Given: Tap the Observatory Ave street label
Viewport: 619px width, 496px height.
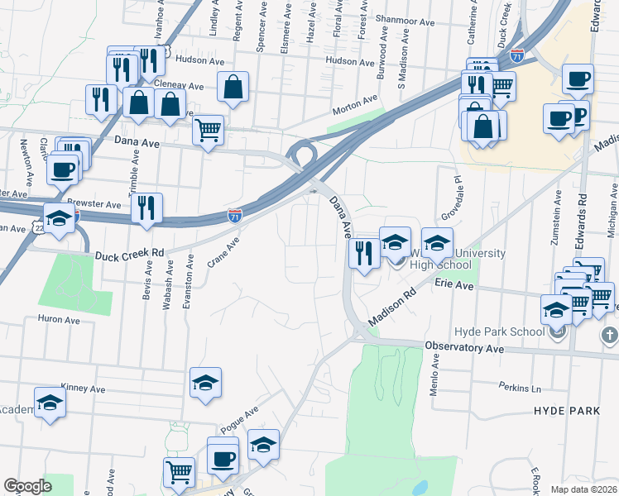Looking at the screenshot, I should [x=464, y=348].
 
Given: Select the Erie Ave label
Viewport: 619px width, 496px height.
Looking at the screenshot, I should [x=454, y=285].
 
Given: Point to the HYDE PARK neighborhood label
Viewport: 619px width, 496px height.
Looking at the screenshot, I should [x=566, y=411].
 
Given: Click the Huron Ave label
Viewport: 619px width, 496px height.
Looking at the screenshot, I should [x=57, y=318].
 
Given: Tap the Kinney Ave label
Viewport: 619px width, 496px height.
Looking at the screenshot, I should [x=83, y=389].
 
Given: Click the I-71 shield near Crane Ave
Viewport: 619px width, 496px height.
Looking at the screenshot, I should [x=235, y=216].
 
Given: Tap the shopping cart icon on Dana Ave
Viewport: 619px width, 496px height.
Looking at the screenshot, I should [x=208, y=128].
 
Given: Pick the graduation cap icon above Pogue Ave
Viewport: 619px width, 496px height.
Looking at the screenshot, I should [x=205, y=382].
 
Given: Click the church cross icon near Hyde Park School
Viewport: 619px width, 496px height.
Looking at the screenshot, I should [x=608, y=336].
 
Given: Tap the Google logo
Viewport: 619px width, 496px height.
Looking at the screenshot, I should [x=27, y=486].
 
